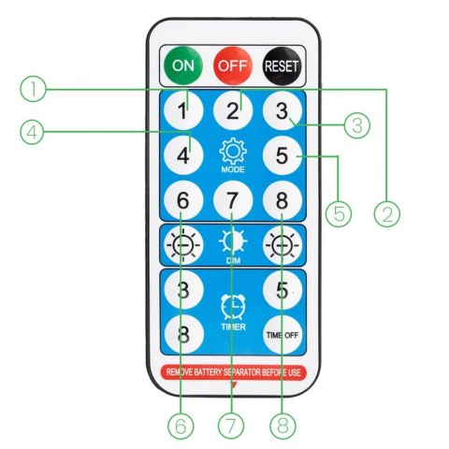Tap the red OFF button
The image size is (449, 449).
point(233,65)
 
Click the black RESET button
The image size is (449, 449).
point(282,65)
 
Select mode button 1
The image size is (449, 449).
point(183,110)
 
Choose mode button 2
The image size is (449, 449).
point(233,110)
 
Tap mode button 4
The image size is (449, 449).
point(183,155)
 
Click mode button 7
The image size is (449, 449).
point(233,200)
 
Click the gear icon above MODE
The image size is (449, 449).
point(233,152)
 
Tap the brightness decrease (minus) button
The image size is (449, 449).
point(183,245)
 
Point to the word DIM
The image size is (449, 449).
point(233,260)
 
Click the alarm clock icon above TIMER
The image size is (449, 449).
point(233,307)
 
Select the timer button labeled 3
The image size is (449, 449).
point(183,290)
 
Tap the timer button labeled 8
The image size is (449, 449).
point(183,335)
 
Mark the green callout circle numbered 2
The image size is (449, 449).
point(387,213)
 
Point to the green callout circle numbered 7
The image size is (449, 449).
point(231,426)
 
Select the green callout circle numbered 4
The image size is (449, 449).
point(32,133)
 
